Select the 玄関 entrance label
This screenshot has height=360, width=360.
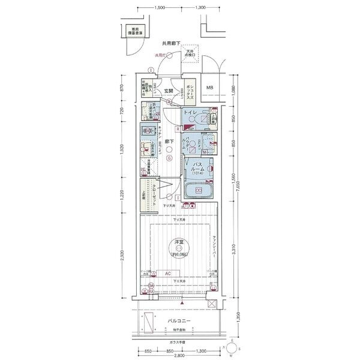pyautogui.click(x=169, y=90)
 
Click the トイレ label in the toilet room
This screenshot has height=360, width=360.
pyautogui.click(x=189, y=112)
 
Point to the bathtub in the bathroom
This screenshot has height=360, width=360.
pyautogui.click(x=199, y=193)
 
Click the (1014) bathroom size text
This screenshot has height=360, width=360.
pyautogui.click(x=199, y=175)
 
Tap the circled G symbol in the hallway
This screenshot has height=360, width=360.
pyautogui.click(x=170, y=159)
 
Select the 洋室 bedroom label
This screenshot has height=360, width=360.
pyautogui.click(x=179, y=242)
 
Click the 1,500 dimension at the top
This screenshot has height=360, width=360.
pyautogui.click(x=159, y=8)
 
